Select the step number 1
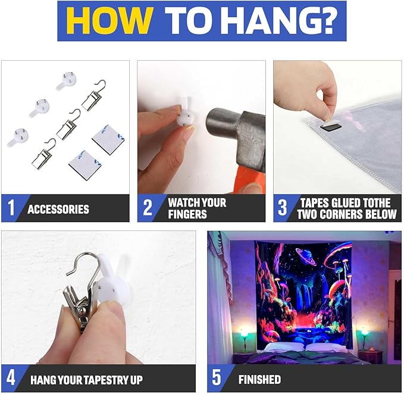coord(11,208)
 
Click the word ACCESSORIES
coord(58,209)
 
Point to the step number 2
coord(148,208)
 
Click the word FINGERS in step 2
coord(187,214)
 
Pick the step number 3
coord(283,208)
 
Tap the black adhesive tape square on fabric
coord(329,126)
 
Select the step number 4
coord(11,378)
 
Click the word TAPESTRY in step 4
coord(103,380)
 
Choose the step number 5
coord(217,378)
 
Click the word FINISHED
coord(259,380)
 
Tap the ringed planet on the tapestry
coord(306,256)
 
